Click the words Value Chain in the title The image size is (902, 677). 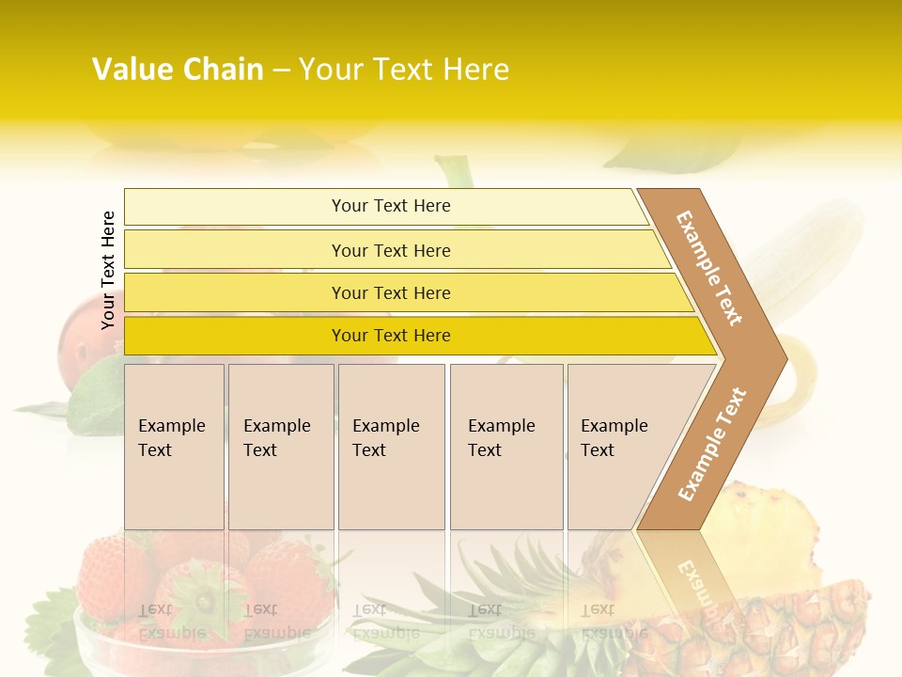tap(178, 70)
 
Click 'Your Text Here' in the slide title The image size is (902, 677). tap(404, 70)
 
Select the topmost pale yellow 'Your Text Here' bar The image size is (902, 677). tap(390, 206)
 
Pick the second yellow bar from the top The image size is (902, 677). tap(390, 250)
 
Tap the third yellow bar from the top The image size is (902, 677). tap(390, 292)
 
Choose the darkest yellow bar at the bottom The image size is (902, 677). tap(390, 336)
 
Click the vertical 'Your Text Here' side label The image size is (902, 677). tap(108, 270)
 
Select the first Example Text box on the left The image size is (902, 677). tap(174, 446)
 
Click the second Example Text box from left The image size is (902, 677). tap(280, 446)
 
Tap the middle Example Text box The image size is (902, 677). tap(390, 446)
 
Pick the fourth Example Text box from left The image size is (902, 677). tap(505, 446)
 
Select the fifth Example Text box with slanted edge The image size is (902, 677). tap(620, 446)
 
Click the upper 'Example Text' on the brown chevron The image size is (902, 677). tap(709, 268)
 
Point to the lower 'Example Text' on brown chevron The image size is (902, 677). tap(712, 444)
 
